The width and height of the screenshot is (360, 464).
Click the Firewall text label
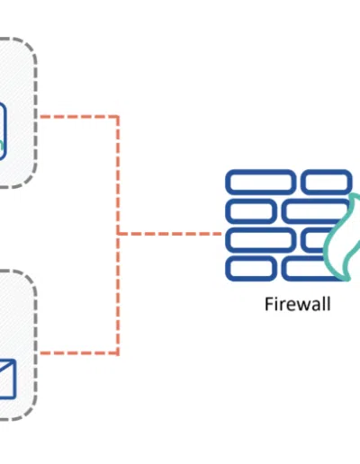[298, 304]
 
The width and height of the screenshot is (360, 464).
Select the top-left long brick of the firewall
[260, 182]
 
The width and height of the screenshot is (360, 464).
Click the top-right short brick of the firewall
[327, 182]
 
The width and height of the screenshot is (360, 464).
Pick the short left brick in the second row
[251, 210]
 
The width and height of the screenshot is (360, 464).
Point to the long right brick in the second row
[315, 210]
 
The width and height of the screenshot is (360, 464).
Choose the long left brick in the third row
[260, 239]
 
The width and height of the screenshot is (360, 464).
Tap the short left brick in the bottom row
[251, 269]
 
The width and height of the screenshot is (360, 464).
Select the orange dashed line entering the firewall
[170, 234]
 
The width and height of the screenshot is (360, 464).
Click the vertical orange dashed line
[118, 235]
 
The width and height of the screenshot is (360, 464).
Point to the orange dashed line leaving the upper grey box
[79, 117]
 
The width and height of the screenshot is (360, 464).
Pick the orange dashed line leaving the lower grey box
[79, 352]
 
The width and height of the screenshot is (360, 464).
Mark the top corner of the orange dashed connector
[118, 117]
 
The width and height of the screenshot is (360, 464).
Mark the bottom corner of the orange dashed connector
[118, 352]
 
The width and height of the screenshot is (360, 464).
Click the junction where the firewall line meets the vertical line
[118, 234]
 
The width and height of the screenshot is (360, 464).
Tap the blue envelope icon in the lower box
[7, 379]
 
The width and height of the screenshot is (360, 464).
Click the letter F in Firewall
[268, 304]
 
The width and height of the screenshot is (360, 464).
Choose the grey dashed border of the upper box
[35, 112]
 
